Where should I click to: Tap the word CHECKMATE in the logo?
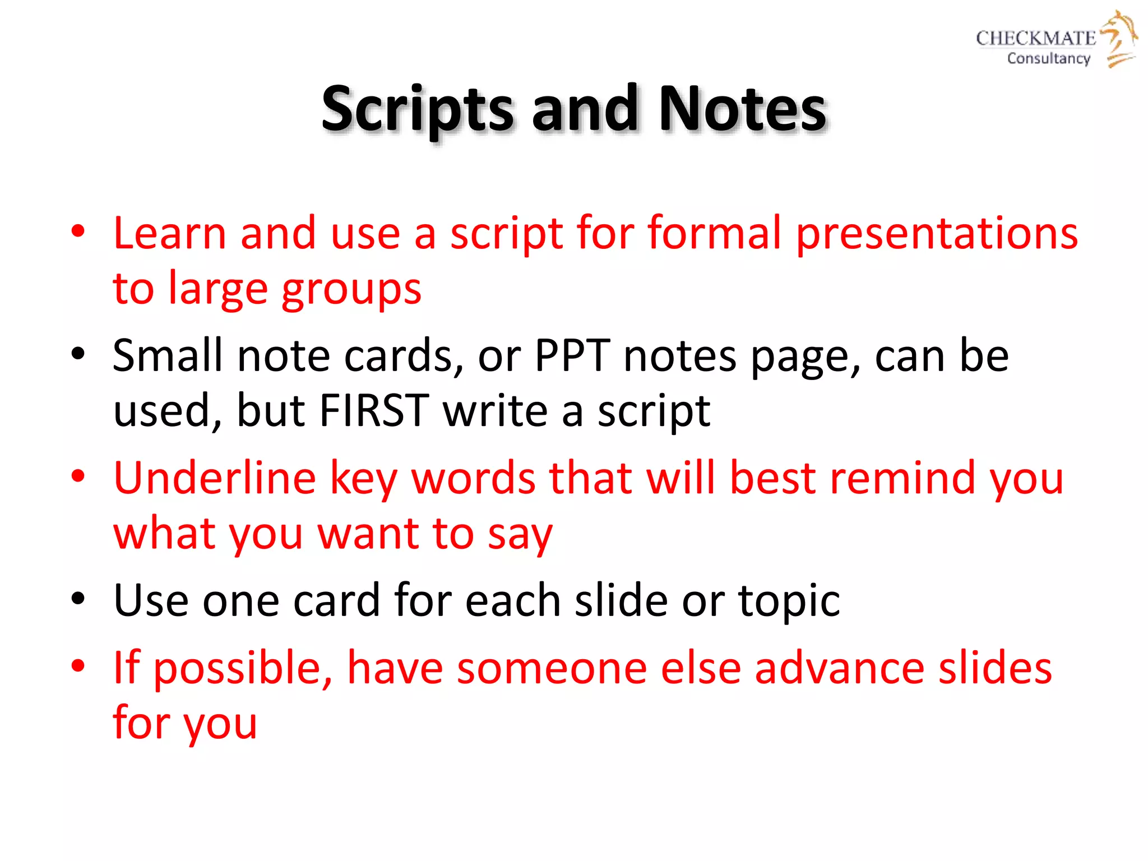tap(1035, 38)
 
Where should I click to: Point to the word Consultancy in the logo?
tap(1048, 58)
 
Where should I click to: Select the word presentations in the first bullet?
tap(937, 234)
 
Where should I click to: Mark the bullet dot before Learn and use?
tap(78, 231)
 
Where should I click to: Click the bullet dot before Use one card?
tap(78, 599)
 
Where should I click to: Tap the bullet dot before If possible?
tap(78, 666)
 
